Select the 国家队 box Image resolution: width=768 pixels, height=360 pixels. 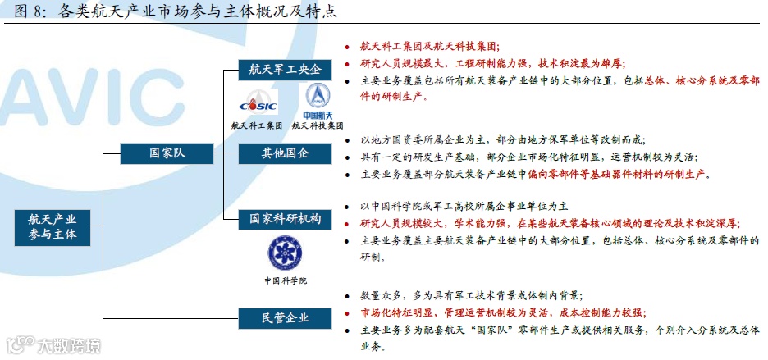(x=166, y=153)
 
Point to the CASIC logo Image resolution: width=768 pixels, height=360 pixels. (x=258, y=103)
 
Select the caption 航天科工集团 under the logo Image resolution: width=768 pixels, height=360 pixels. (x=257, y=126)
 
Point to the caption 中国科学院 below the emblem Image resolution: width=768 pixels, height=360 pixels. (x=285, y=280)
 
